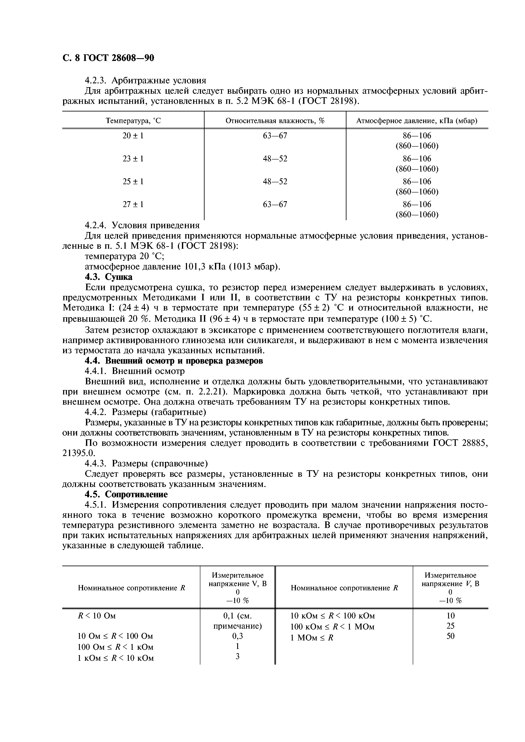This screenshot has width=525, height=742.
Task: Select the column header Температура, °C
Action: point(133,121)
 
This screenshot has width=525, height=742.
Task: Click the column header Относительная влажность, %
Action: point(275,121)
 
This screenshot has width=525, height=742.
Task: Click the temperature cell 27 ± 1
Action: point(133,204)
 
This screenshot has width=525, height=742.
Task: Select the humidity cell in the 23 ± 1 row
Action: point(275,159)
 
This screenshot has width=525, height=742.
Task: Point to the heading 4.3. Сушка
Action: point(108,277)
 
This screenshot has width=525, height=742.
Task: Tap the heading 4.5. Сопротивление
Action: point(126,495)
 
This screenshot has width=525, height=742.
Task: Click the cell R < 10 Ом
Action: point(97,616)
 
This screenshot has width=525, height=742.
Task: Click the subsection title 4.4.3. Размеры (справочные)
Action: point(146,463)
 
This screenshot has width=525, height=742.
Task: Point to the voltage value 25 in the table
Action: point(450,626)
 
